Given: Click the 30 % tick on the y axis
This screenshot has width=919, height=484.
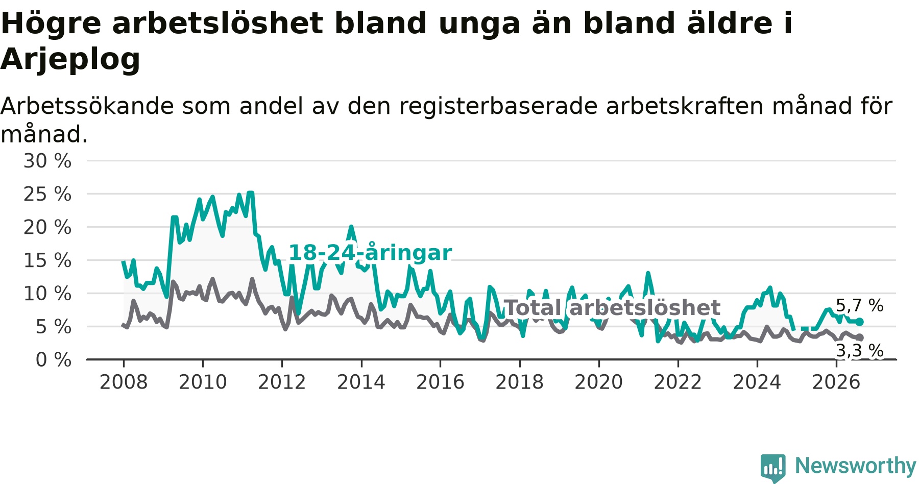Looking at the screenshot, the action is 47,161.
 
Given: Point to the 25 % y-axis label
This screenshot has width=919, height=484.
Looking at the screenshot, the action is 47,194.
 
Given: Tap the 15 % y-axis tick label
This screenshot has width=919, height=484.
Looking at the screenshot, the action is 47,260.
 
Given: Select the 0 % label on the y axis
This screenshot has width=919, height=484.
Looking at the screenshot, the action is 54,360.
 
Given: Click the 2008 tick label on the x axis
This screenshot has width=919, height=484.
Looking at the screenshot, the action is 124,382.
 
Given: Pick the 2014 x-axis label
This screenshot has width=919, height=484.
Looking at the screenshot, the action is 361,382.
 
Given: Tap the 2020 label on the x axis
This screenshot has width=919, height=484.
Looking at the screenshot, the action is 599,382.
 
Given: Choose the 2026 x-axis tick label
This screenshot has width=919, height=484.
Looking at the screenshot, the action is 836,382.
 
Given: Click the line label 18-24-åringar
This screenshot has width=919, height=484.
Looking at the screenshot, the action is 370,253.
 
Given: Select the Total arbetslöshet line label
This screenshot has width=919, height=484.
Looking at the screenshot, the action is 612,308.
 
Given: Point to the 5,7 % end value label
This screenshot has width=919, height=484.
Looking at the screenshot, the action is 859,306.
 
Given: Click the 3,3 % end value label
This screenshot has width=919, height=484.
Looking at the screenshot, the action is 859,351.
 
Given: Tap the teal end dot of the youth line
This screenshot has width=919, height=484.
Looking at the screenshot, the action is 860,322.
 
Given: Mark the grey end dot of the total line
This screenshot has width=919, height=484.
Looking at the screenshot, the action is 860,337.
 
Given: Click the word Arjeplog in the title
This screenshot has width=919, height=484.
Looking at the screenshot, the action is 70,60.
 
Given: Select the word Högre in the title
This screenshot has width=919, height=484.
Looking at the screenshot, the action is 52,24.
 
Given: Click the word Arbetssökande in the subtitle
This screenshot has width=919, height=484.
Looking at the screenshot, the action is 87,107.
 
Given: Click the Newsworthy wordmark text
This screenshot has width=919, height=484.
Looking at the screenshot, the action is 856,466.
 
